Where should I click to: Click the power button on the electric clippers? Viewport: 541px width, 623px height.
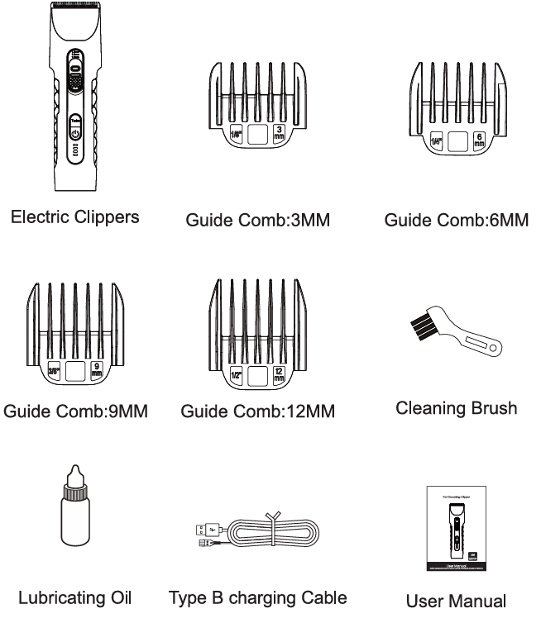coord(75,133)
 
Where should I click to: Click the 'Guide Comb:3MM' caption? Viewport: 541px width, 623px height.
coord(258,221)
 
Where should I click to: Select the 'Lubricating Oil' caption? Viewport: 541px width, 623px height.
coord(74,596)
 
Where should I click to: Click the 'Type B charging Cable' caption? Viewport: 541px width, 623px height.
coord(261,597)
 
